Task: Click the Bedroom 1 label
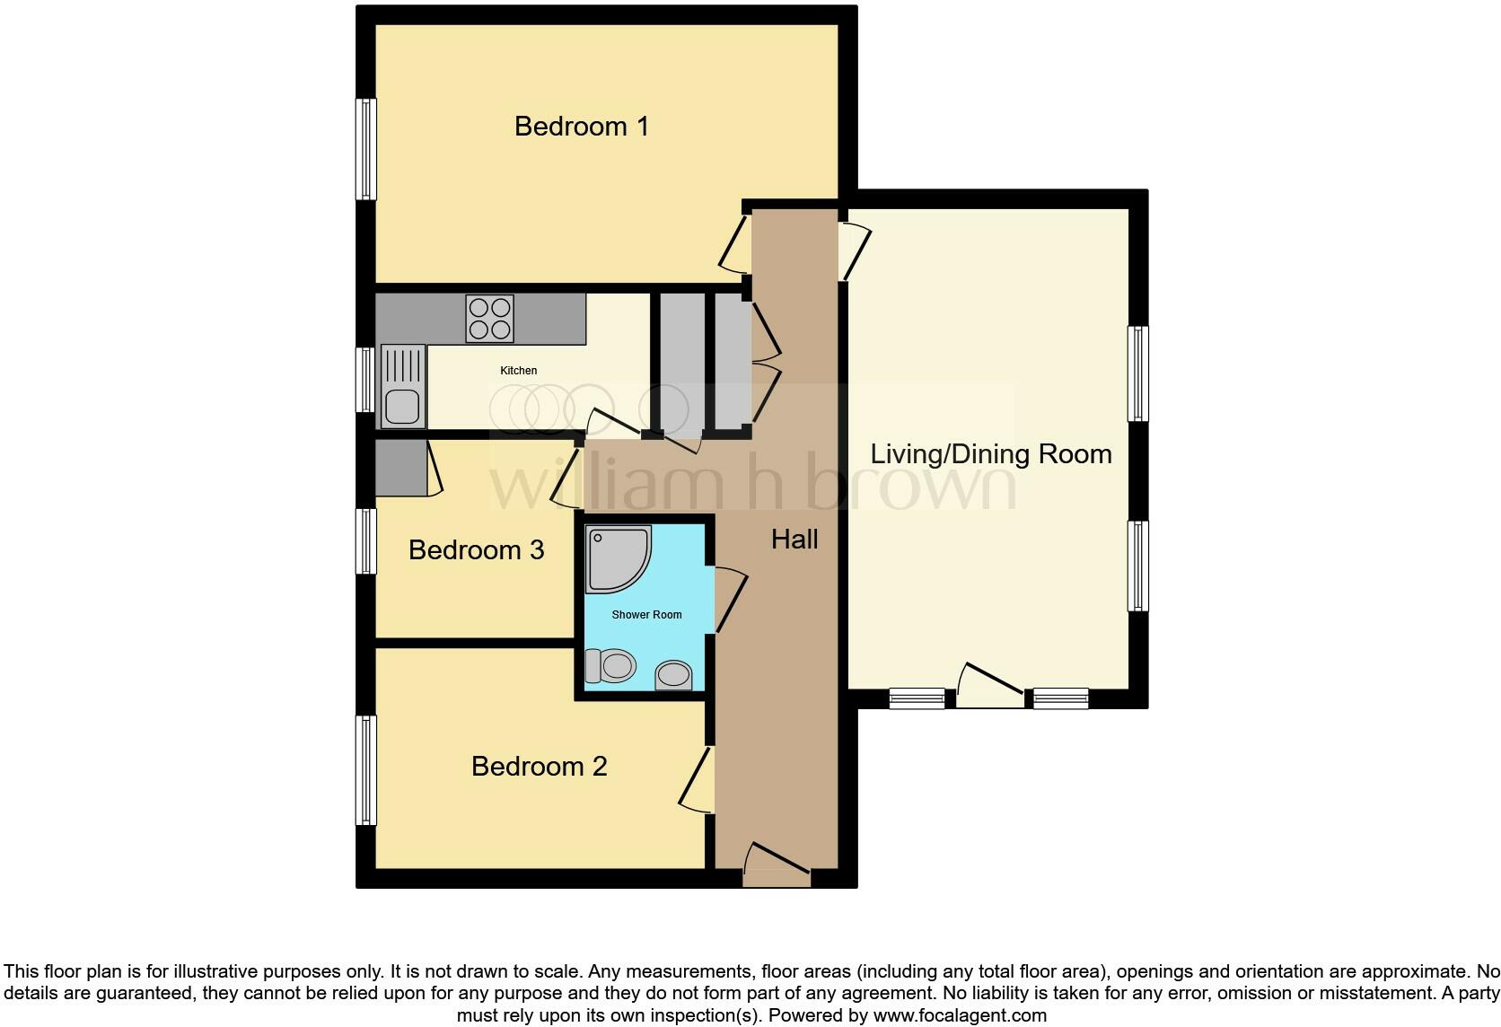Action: pos(581,127)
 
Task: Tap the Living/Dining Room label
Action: pos(990,454)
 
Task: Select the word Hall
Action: pos(794,540)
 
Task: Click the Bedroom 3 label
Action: pos(476,550)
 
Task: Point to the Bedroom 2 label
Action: pos(539,767)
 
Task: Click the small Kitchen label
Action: pos(518,371)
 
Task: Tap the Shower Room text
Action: pos(646,615)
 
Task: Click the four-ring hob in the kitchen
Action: pos(490,319)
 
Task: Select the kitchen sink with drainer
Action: pos(401,386)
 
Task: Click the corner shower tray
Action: pos(616,558)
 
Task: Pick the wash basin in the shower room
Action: pos(674,675)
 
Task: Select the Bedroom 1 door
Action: pos(734,244)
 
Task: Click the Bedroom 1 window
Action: pos(365,149)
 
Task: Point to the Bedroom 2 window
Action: pos(365,769)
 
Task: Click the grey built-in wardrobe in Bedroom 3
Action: pos(400,468)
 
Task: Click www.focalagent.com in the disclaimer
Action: pos(960,1016)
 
